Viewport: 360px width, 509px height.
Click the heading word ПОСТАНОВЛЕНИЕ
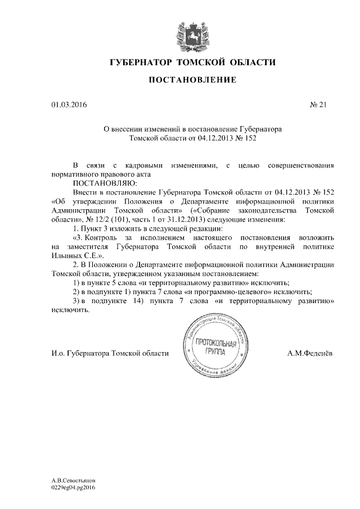click(x=192, y=80)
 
